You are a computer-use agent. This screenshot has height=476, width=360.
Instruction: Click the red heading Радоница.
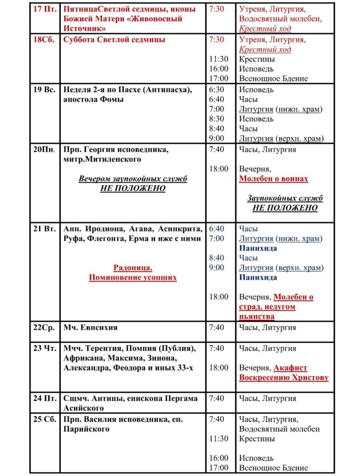click(133, 268)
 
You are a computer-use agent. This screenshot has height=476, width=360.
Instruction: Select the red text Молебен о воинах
click(274, 178)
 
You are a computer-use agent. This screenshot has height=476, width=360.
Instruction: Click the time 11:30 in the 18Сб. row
click(219, 59)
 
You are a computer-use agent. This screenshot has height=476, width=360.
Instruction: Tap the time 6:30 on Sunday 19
click(216, 90)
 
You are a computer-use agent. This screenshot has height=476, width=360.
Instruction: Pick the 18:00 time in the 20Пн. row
click(219, 169)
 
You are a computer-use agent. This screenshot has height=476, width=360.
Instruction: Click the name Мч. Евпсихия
click(90, 327)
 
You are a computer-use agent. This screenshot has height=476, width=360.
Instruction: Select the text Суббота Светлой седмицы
click(114, 40)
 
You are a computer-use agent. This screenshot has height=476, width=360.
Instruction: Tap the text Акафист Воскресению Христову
click(284, 373)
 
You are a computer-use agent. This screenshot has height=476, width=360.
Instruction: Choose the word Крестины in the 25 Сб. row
click(257, 438)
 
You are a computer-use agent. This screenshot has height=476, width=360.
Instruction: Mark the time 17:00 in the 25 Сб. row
click(219, 468)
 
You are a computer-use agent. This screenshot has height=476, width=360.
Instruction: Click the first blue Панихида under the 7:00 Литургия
click(258, 248)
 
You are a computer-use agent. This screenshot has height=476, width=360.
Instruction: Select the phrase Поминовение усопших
click(133, 278)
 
